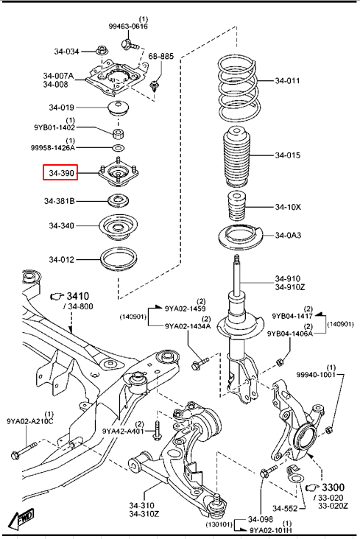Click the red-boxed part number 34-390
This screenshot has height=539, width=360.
click(61, 173)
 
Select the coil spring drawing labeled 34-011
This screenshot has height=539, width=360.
click(237, 89)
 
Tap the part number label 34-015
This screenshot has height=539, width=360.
click(287, 155)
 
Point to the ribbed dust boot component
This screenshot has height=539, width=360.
click(236, 157)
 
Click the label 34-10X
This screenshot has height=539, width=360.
click(288, 207)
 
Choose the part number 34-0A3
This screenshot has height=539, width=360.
click(288, 235)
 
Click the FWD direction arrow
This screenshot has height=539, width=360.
click(21, 518)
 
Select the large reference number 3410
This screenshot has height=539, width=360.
click(78, 296)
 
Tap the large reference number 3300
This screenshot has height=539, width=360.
click(333, 487)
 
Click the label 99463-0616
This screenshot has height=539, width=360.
click(128, 26)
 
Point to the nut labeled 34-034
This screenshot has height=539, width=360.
click(101, 50)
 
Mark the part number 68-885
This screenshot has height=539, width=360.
click(161, 56)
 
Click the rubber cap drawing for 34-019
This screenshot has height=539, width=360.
click(118, 109)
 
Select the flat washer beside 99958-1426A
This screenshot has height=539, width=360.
click(118, 148)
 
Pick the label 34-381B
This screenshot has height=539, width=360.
click(59, 200)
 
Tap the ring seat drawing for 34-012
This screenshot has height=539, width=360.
click(119, 260)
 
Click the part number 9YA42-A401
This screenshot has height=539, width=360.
click(123, 431)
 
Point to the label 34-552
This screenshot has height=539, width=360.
click(285, 508)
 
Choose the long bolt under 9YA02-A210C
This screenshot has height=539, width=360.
click(24, 450)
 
